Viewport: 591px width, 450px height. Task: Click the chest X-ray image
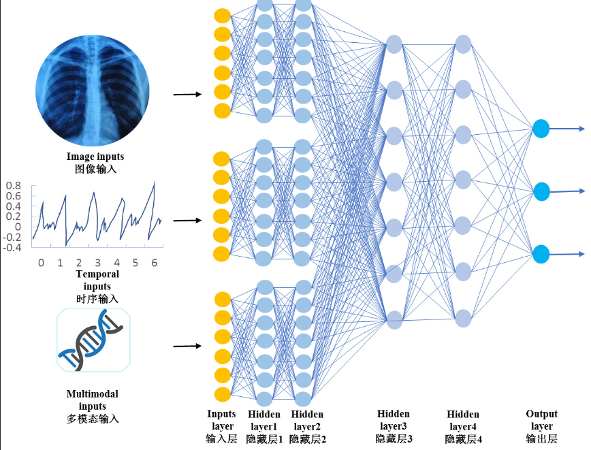(92, 84)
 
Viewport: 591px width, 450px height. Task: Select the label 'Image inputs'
(95, 157)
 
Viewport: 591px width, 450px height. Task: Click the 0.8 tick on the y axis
(14, 185)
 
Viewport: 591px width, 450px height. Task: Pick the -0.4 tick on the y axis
(12, 247)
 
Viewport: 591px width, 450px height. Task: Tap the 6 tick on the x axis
(154, 263)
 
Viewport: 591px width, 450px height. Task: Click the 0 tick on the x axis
(41, 263)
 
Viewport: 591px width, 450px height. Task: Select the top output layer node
(541, 128)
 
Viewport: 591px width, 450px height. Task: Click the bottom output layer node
(541, 254)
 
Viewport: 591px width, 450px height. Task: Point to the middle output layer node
(541, 191)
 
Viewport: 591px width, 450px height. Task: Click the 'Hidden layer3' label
(394, 420)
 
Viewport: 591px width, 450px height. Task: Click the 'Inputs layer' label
(221, 420)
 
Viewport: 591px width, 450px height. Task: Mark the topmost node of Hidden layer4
(464, 45)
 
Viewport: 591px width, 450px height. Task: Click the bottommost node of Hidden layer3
(394, 318)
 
